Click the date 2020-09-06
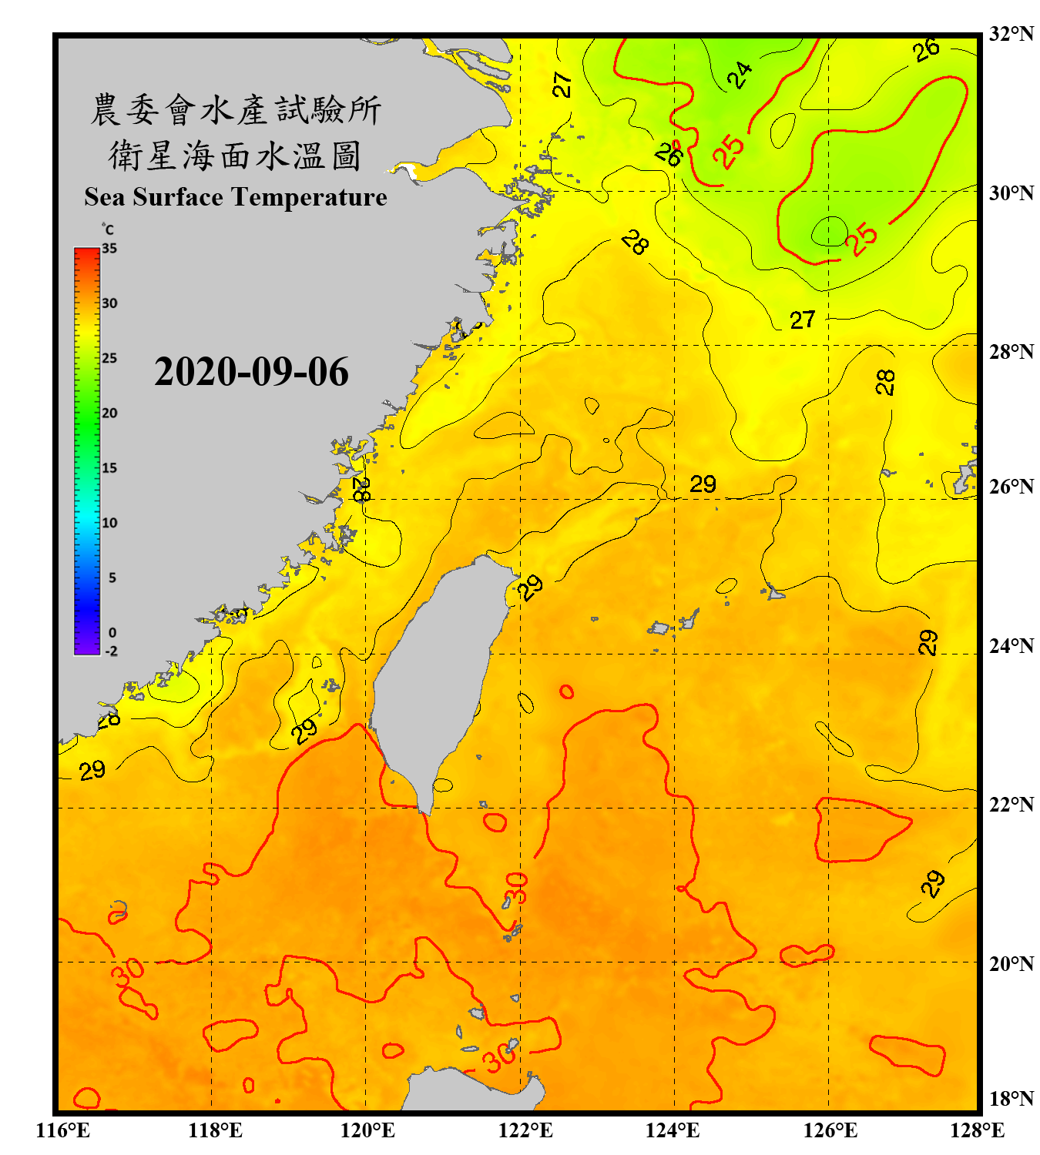pos(251,372)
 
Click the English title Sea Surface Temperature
pos(236,197)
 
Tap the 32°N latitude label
pos(1011,34)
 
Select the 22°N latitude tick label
pos(1011,805)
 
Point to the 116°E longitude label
pos(63,1130)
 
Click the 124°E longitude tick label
pos(673,1130)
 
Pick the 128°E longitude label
pos(977,1130)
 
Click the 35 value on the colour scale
pos(109,249)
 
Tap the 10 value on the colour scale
pos(109,523)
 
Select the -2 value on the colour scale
pos(111,651)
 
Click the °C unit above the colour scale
pos(108,229)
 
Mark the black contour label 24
pos(740,75)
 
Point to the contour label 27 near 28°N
pos(802,320)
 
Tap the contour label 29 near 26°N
pos(703,484)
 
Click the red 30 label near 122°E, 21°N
pos(516,888)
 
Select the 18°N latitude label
pos(1011,1099)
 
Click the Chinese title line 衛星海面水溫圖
pos(235,156)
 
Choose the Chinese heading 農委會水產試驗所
pos(236,110)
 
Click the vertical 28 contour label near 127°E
pos(886,382)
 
